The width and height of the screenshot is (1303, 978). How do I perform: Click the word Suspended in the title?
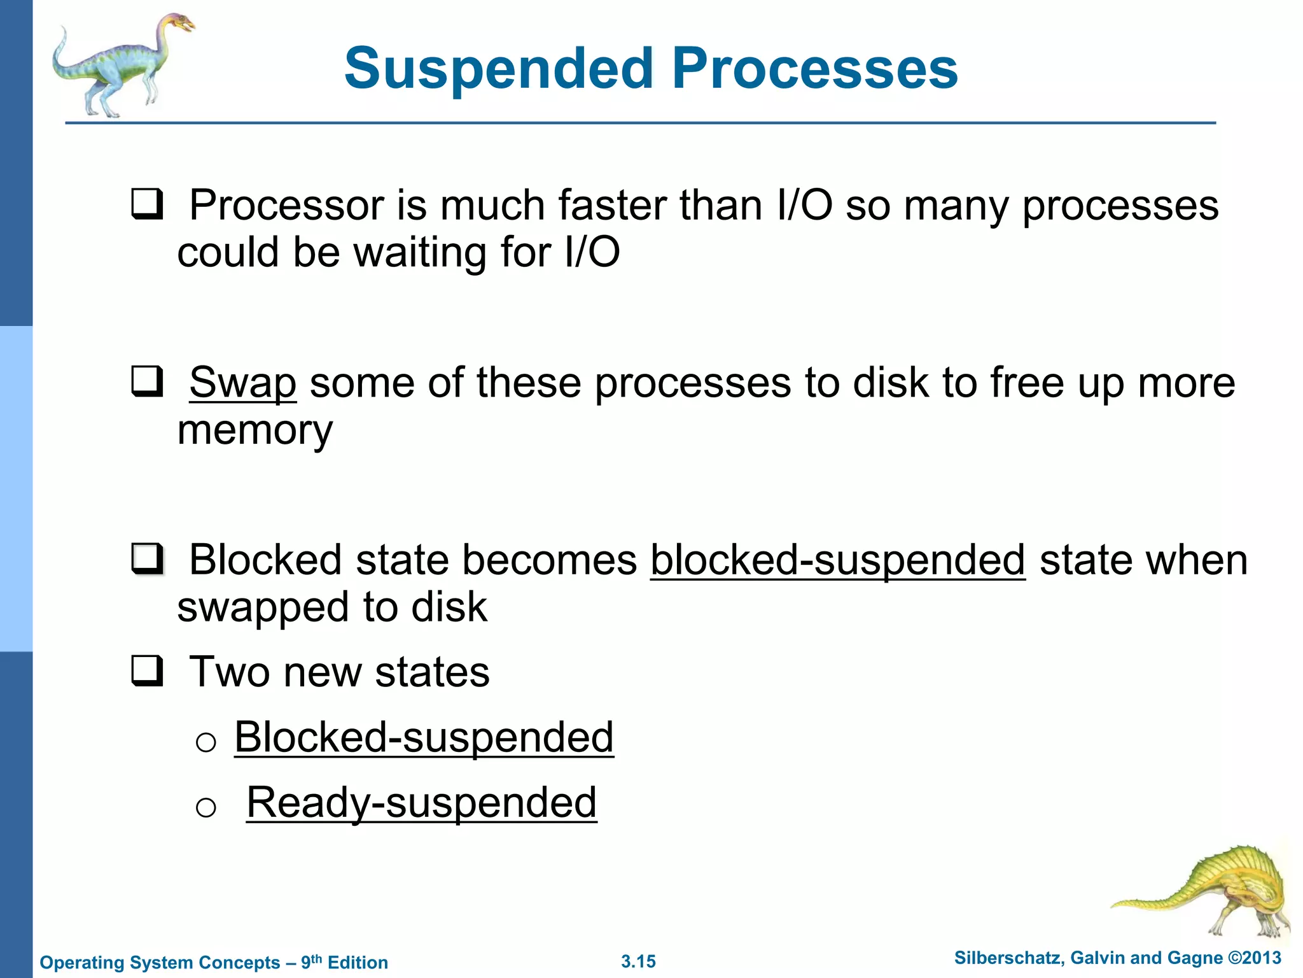point(499,69)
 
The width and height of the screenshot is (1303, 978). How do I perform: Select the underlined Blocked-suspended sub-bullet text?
point(424,737)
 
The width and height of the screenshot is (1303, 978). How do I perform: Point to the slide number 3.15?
point(638,961)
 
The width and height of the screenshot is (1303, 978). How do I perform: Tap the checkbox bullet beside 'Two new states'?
point(147,672)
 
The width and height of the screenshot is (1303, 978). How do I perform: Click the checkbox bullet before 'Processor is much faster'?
point(147,204)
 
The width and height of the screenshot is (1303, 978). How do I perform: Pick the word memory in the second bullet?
point(254,430)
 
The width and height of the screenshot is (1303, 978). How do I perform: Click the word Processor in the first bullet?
point(286,205)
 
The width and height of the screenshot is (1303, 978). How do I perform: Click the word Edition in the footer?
point(358,963)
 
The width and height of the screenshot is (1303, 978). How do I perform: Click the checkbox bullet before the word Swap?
point(147,382)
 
